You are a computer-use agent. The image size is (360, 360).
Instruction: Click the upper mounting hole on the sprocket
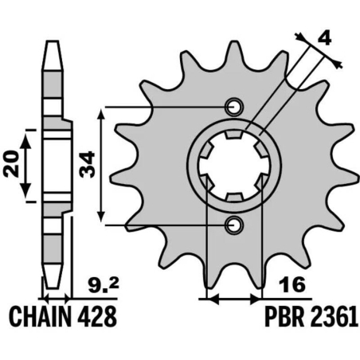pyautogui.click(x=233, y=108)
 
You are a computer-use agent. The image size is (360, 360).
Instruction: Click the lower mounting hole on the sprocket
pyautogui.click(x=233, y=226)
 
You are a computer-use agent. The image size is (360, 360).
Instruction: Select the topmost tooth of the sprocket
pyautogui.click(x=237, y=52)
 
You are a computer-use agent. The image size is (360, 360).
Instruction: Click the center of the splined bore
pyautogui.click(x=233, y=166)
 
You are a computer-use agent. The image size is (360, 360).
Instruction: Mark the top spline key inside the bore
pyautogui.click(x=233, y=137)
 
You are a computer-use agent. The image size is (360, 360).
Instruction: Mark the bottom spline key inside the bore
pyautogui.click(x=233, y=196)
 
